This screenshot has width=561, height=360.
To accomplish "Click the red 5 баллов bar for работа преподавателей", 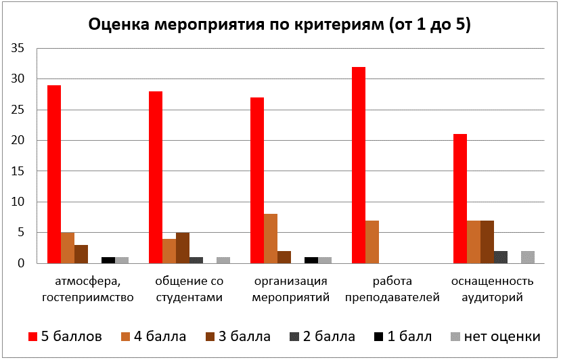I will pyautogui.click(x=359, y=165).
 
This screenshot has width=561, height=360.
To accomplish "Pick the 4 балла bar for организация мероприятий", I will pyautogui.click(x=271, y=238).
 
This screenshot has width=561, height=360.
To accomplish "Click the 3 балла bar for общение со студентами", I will pyautogui.click(x=183, y=248).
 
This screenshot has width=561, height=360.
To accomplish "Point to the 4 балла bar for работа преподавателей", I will pyautogui.click(x=372, y=242).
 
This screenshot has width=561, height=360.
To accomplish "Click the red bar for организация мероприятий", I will pyautogui.click(x=257, y=180).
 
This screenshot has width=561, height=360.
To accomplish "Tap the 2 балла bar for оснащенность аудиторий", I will pyautogui.click(x=501, y=257).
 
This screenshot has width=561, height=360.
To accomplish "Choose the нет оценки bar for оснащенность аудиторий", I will pyautogui.click(x=528, y=257).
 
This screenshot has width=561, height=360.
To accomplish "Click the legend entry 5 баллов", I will pyautogui.click(x=64, y=336).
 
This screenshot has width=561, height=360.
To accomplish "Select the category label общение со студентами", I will pyautogui.click(x=189, y=289).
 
